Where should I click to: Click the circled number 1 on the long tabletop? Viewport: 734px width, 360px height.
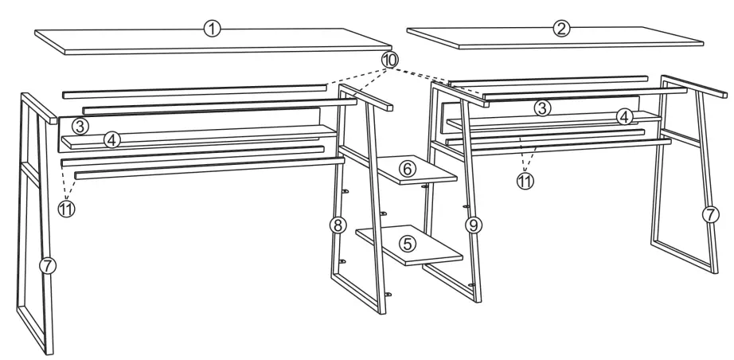tap(212, 29)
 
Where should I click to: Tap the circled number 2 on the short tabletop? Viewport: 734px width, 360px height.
tap(560, 28)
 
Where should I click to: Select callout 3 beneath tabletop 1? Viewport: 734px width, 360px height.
tap(78, 125)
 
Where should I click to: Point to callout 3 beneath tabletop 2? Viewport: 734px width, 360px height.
tap(542, 108)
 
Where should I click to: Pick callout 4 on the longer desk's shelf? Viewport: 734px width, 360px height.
tap(112, 139)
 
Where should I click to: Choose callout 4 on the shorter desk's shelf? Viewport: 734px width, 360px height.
tap(626, 117)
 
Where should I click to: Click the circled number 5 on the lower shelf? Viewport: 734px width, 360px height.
tap(408, 243)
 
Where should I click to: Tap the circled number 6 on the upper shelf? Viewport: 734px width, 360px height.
tap(407, 169)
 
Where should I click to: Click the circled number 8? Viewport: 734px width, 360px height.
tap(338, 225)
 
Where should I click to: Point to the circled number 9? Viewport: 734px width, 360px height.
tap(474, 226)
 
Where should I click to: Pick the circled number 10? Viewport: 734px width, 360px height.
tap(389, 60)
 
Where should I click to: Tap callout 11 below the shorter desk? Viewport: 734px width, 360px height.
tap(525, 180)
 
